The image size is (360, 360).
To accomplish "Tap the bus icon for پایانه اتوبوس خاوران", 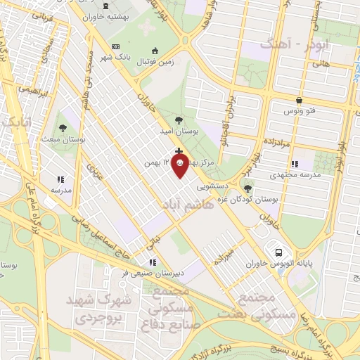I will coord(279,252).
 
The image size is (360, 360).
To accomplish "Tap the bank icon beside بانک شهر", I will coord(116,46).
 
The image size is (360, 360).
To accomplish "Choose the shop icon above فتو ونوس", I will coord(300,100).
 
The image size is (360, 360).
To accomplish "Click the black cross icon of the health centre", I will coord(179,151).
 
